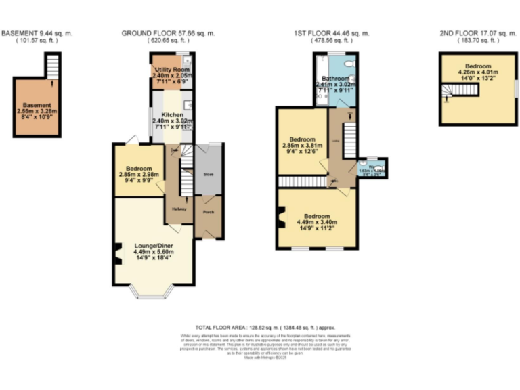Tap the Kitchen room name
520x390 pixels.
pyautogui.click(x=170, y=114)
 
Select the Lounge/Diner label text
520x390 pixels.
pyautogui.click(x=152, y=246)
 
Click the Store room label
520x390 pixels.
pyautogui.click(x=208, y=174)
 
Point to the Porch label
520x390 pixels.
pyautogui.click(x=207, y=211)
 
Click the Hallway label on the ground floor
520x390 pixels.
pyautogui.click(x=179, y=209)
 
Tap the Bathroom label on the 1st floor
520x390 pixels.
pyautogui.click(x=334, y=79)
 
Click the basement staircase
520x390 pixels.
pyautogui.click(x=53, y=68)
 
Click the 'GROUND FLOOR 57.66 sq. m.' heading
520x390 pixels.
pyautogui.click(x=169, y=33)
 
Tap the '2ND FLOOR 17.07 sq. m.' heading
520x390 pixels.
pyautogui.click(x=469, y=33)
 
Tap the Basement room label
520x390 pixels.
pyautogui.click(x=37, y=106)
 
